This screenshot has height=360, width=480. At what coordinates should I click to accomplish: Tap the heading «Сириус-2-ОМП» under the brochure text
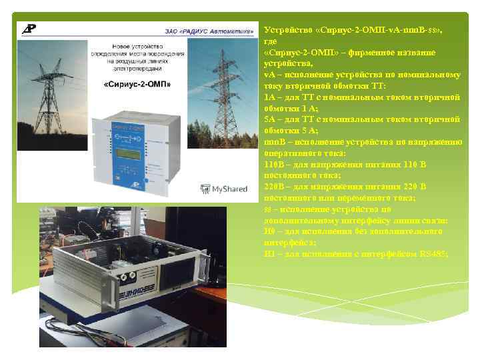pyautogui.click(x=137, y=85)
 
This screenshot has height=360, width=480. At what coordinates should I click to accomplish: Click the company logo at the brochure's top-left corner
pyautogui.click(x=29, y=29)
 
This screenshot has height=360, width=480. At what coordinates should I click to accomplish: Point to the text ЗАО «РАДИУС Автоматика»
pyautogui.click(x=209, y=30)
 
